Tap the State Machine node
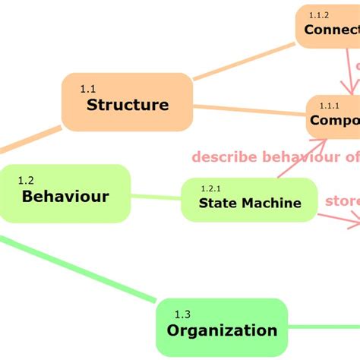tap(249, 200)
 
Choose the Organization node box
tap(222, 327)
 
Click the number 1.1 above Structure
tap(89, 89)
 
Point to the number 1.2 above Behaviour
tap(26, 181)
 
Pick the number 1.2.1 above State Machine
tap(210, 188)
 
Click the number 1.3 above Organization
tap(182, 314)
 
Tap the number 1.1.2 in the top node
tap(319, 15)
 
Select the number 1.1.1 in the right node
tap(329, 105)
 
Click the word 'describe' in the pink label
tap(224, 157)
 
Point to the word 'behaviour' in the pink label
tap(302, 157)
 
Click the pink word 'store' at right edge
tap(342, 201)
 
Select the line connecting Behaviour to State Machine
tap(156, 197)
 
